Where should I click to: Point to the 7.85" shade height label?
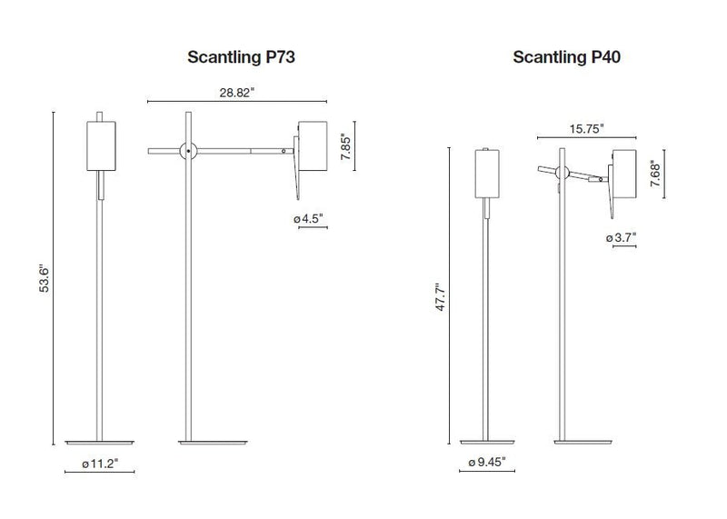tap(344, 145)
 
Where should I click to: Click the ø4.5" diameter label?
tap(309, 218)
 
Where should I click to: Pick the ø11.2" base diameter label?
tap(100, 464)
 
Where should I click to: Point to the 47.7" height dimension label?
tap(441, 297)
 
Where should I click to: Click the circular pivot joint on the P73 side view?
tap(188, 150)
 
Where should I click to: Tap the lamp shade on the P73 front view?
tap(101, 145)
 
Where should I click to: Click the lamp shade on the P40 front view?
tap(490, 175)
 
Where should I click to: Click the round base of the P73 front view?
tap(100, 444)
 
